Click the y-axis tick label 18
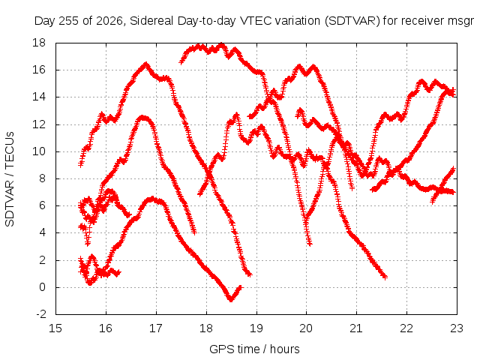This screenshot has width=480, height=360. point(39,43)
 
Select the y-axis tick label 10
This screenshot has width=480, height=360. point(39,151)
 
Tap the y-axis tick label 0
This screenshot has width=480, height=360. point(42,287)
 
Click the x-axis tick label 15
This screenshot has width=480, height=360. point(55,328)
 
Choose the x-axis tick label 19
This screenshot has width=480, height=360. point(256,328)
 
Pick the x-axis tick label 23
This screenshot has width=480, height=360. point(457,328)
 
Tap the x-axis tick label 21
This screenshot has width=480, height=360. point(356,328)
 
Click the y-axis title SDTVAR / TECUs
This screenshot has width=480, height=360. point(10,179)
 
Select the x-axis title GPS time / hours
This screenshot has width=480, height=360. point(254,349)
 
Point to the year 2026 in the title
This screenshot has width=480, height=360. point(109,21)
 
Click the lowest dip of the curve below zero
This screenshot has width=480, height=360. point(231,299)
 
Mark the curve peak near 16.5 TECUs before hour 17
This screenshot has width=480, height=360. point(145,64)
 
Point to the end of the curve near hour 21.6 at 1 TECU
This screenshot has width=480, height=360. point(385,277)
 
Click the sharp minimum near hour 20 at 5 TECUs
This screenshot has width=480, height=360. point(306,218)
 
